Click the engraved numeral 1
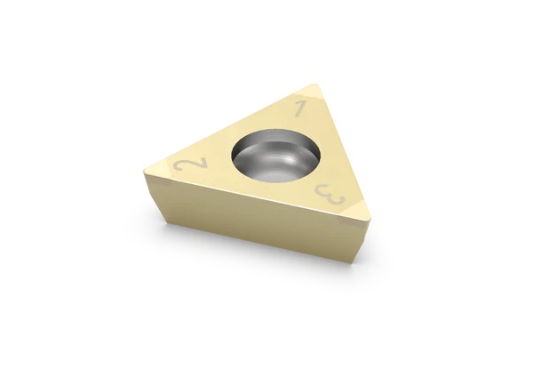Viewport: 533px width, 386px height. (301, 110)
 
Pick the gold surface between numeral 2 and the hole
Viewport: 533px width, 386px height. (213, 165)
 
